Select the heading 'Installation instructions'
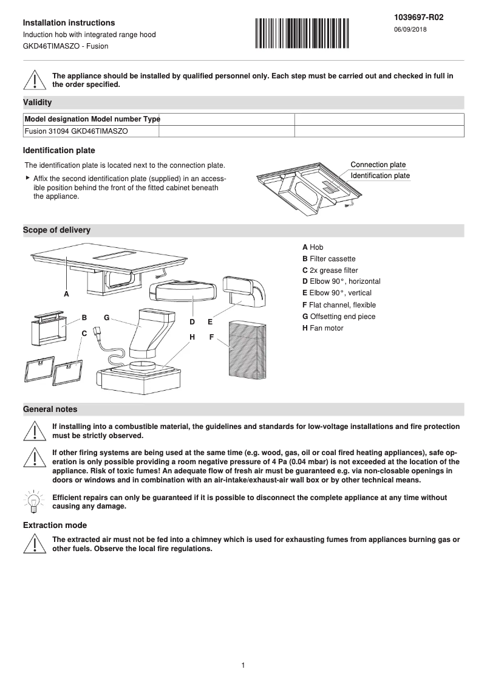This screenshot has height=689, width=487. coord(69,23)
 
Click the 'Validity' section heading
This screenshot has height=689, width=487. coord(37,103)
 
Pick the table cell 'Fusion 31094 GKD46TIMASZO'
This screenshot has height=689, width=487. coord(76,131)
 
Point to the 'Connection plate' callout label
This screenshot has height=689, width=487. coord(378,165)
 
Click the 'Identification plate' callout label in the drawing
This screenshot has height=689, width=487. coord(380,176)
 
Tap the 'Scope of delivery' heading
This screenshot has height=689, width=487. coord(56,230)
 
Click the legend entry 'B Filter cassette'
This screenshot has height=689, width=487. coord(329,259)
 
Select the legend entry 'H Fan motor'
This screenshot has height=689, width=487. coord(322,328)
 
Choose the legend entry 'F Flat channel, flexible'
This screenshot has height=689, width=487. coord(339,305)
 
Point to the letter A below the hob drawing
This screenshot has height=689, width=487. coord(67,294)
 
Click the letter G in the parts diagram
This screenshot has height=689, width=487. coord(106,317)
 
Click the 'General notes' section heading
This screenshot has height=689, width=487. coord(50,410)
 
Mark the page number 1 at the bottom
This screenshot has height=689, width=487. coord(243,665)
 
